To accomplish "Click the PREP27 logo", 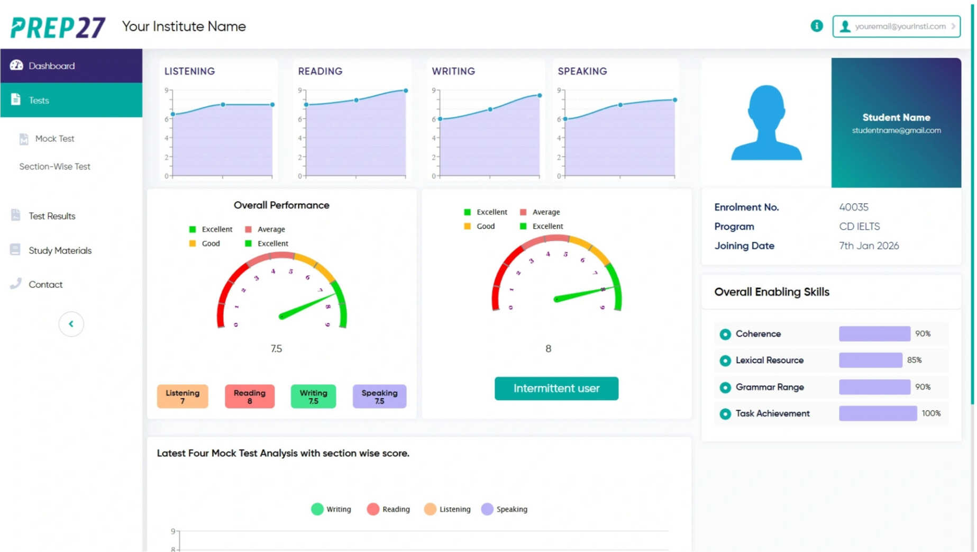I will pyautogui.click(x=58, y=27).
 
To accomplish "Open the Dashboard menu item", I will pyautogui.click(x=51, y=66).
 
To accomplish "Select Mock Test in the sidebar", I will pyautogui.click(x=54, y=139).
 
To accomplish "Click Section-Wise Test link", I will pyautogui.click(x=54, y=166).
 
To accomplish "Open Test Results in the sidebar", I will pyautogui.click(x=52, y=216).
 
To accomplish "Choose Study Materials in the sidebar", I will pyautogui.click(x=60, y=250).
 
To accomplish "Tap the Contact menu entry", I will pyautogui.click(x=45, y=284).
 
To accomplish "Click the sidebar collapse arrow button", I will pyautogui.click(x=71, y=324).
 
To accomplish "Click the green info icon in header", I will pyautogui.click(x=816, y=26).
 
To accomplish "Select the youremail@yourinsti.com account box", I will pyautogui.click(x=896, y=26).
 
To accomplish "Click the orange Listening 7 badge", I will pyautogui.click(x=182, y=396).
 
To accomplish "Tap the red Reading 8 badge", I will pyautogui.click(x=250, y=396).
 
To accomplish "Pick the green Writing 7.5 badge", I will pyautogui.click(x=313, y=396).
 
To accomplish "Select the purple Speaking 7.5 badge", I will pyautogui.click(x=379, y=396).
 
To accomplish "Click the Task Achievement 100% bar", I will pyautogui.click(x=878, y=413).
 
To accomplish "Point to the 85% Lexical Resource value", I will pyautogui.click(x=914, y=360).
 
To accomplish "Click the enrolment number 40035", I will pyautogui.click(x=853, y=207).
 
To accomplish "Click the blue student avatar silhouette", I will pyautogui.click(x=766, y=123).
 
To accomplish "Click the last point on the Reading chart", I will pyautogui.click(x=406, y=91).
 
